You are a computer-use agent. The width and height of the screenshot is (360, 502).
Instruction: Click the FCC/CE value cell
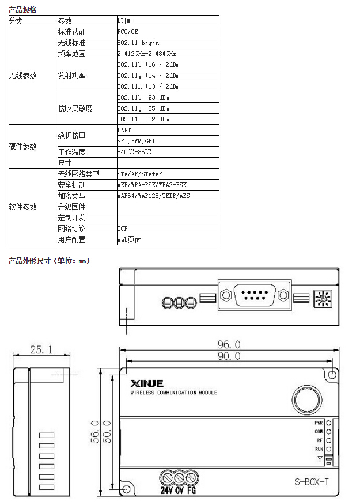coord(168,32)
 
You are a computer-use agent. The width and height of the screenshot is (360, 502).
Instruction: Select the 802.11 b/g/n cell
coord(168,43)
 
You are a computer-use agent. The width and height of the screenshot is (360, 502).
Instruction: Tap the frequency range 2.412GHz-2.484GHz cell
coord(168,54)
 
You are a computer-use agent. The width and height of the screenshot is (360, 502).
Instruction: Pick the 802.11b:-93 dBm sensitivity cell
coord(168,97)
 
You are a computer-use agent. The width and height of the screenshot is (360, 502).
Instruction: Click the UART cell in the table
coord(168,130)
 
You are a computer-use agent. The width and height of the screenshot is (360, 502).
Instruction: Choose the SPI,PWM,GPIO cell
coord(168,141)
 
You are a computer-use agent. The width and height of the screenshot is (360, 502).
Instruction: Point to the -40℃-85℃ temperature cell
coord(168,152)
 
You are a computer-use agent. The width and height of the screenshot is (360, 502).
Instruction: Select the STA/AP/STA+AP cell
coord(168,174)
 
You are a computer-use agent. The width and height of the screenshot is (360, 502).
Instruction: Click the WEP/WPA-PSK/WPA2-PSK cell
coord(168,185)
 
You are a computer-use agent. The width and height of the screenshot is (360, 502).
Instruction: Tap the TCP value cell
coord(168,229)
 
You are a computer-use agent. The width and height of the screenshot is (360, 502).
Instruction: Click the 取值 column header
coord(168,21)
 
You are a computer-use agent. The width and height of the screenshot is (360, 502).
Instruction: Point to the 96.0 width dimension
coord(229,344)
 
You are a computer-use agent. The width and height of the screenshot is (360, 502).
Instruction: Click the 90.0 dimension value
coord(229,356)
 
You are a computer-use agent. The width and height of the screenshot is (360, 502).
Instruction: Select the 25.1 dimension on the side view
coord(41,349)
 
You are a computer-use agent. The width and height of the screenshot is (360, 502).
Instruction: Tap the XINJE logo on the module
coord(147,383)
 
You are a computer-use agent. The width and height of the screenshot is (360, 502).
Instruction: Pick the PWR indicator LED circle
coord(329,423)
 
